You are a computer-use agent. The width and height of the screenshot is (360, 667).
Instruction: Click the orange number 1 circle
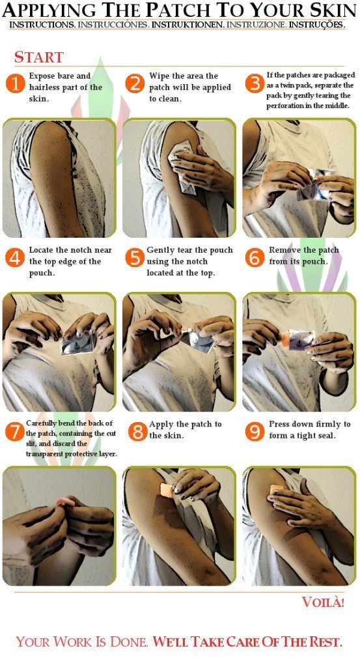[x=16, y=83]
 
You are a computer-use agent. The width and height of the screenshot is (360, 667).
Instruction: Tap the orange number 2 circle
[x=135, y=83]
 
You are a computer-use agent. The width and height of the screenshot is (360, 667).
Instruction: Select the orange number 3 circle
[x=255, y=83]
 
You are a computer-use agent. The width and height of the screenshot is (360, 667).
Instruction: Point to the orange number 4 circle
[x=16, y=258]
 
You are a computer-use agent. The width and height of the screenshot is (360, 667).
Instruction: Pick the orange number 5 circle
[x=135, y=258]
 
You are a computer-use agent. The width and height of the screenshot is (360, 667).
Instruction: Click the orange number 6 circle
[x=255, y=258]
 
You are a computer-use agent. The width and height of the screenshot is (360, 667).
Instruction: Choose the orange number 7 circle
[x=14, y=432]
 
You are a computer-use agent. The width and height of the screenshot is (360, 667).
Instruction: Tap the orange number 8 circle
[x=138, y=432]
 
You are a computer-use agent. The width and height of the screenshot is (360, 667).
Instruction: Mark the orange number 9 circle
[x=255, y=432]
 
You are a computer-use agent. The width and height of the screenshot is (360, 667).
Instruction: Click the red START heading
[x=38, y=57]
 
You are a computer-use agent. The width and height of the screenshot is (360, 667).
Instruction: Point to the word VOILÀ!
[x=323, y=602]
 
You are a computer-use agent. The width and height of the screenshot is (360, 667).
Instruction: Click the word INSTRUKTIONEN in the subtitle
[x=187, y=25]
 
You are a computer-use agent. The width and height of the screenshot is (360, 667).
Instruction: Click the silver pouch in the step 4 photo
[x=77, y=343]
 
